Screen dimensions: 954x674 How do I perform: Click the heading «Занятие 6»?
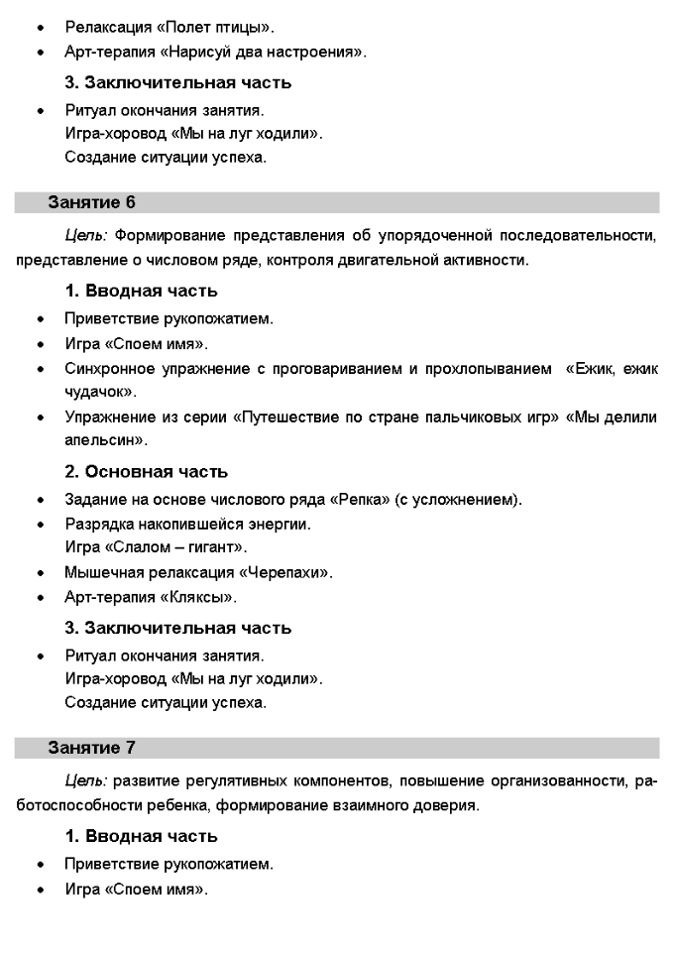(x=91, y=203)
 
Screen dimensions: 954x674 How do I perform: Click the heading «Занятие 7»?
(x=91, y=747)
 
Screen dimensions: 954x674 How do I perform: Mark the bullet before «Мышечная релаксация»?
(x=40, y=573)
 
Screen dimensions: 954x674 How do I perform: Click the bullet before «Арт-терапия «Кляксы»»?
(x=40, y=598)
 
